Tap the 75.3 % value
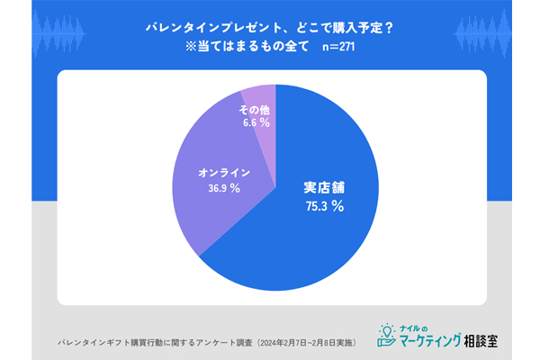coord(325,206)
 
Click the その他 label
coord(255,109)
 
